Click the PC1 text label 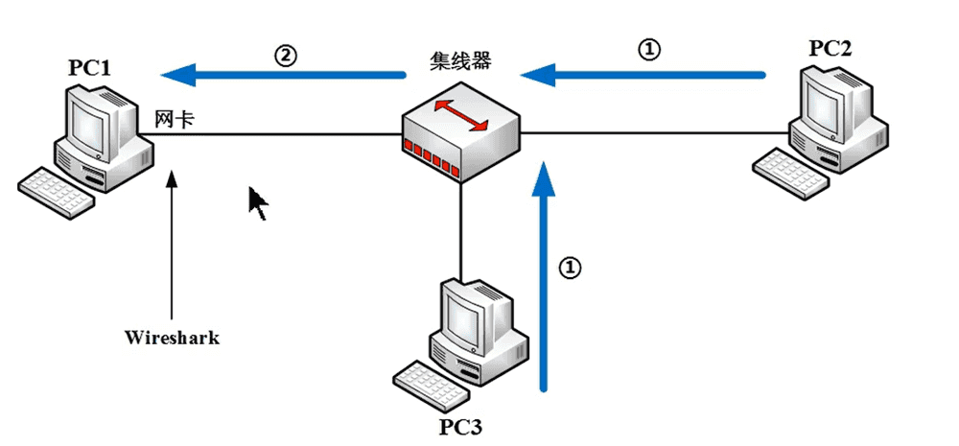[89, 68]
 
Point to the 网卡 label [175, 119]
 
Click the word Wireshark [173, 338]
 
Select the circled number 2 [285, 55]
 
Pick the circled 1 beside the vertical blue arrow [571, 268]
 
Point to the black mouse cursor [257, 202]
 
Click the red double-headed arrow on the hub [459, 114]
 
